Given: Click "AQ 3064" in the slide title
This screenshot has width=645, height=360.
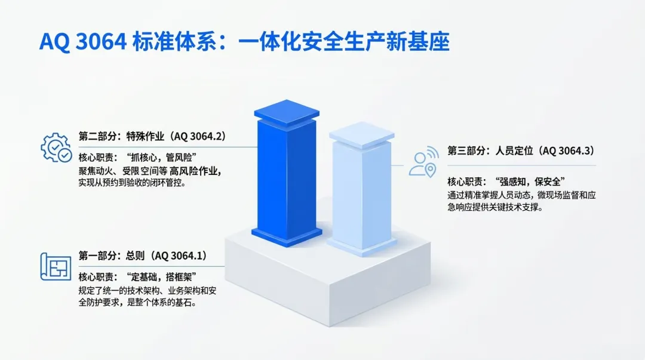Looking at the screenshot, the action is tap(82, 42).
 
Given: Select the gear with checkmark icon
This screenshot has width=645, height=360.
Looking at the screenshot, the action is tap(56, 147).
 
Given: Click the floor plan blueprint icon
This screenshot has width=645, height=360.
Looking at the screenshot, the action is tap(56, 267).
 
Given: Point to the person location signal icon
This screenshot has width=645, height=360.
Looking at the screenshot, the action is tap(423, 162).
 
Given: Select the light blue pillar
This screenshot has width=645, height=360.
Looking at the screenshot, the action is tap(361, 189).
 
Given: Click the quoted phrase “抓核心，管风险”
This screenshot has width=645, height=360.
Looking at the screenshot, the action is tap(161, 157).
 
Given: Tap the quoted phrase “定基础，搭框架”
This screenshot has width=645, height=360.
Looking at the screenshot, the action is tap(161, 277).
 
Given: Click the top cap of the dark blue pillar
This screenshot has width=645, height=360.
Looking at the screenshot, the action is tap(287, 112).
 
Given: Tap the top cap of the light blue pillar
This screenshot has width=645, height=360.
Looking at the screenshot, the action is tap(361, 134).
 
